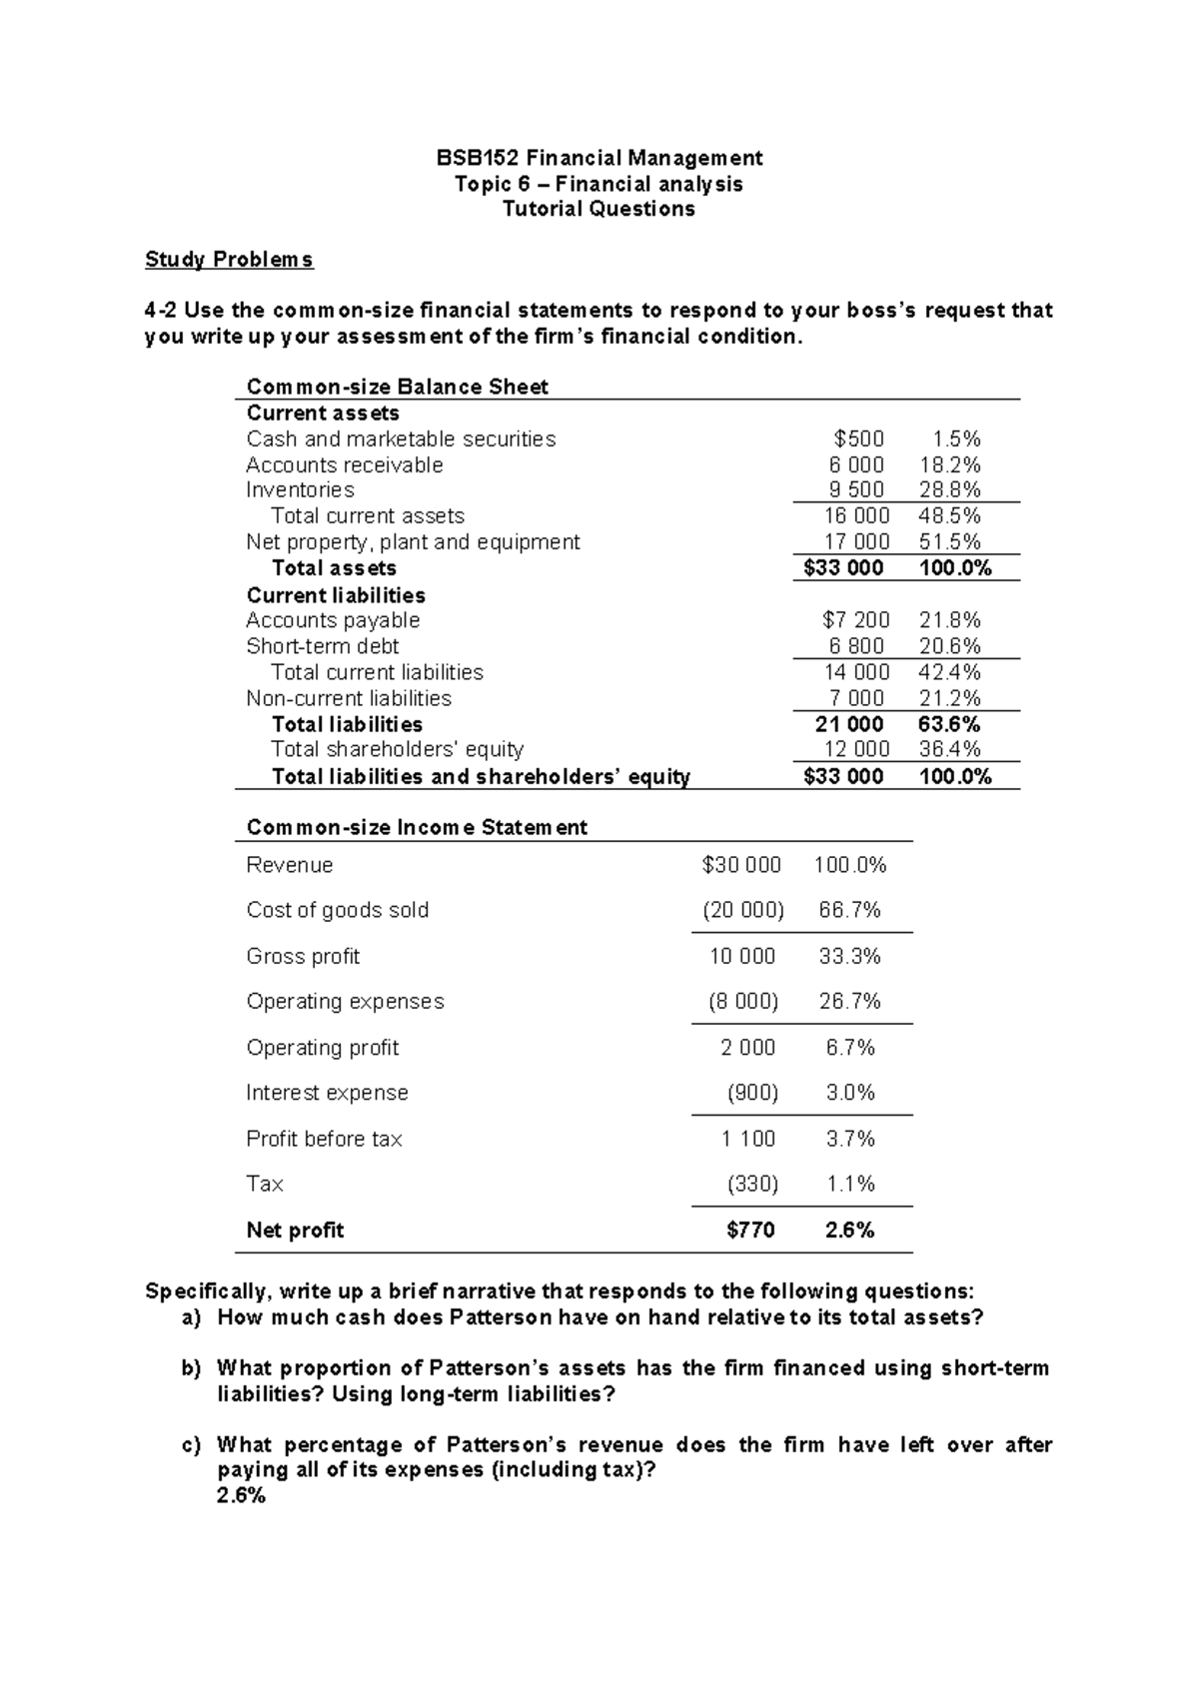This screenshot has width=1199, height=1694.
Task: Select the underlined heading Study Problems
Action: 229,260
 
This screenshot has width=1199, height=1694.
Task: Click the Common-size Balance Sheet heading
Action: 397,387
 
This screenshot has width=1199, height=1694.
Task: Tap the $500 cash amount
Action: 858,439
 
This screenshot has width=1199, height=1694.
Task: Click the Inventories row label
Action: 300,490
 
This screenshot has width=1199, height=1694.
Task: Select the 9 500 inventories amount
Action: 856,490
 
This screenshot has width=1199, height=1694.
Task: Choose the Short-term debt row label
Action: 322,646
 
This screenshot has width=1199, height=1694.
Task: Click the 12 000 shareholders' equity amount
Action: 856,749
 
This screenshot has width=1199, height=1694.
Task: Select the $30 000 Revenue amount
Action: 741,865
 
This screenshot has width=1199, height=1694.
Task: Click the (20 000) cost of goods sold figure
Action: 742,910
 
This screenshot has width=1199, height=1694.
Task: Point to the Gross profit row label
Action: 303,957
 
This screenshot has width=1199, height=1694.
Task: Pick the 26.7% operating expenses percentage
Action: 849,1002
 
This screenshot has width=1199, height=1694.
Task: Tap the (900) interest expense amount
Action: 752,1093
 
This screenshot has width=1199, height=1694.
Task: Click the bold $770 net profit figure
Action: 750,1231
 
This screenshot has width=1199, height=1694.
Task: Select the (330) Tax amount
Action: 752,1185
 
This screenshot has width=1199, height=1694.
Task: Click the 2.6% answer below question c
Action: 241,1496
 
